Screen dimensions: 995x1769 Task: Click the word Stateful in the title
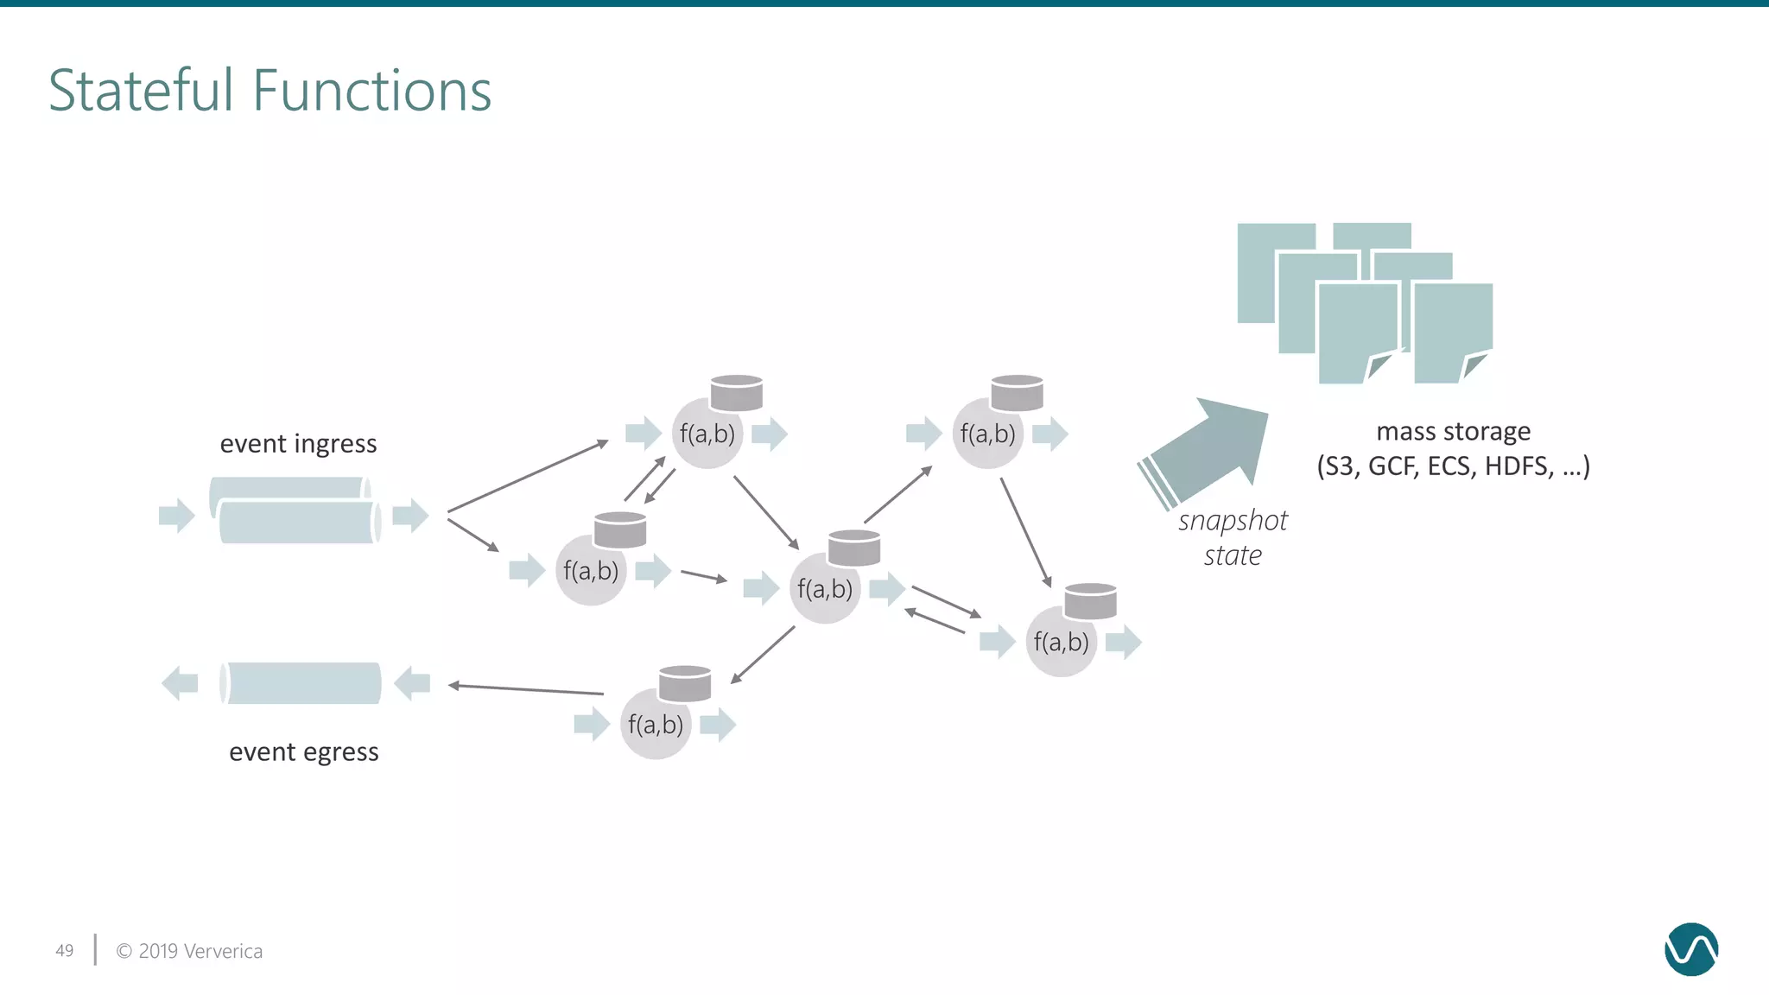tap(141, 91)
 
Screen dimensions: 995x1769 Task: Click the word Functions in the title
tap(372, 91)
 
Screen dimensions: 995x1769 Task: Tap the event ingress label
tap(298, 444)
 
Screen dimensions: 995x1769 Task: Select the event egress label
tap(303, 752)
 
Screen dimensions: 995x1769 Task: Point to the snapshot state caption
tap(1233, 537)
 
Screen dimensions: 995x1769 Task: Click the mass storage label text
tap(1453, 431)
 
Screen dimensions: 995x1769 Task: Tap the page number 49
tap(65, 951)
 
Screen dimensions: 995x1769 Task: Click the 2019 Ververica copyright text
tap(189, 951)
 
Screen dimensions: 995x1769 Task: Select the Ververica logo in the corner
tap(1690, 949)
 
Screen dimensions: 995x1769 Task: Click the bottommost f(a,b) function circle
tap(656, 725)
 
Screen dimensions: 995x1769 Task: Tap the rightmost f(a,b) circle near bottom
tap(1061, 642)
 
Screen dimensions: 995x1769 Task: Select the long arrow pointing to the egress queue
tap(525, 689)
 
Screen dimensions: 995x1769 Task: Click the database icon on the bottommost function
tap(685, 683)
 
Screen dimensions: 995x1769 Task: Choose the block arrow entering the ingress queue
tap(177, 516)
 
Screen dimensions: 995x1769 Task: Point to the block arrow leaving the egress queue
tap(180, 683)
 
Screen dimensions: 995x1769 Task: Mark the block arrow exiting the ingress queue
tap(410, 516)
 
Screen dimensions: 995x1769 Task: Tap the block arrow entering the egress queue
tap(412, 683)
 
